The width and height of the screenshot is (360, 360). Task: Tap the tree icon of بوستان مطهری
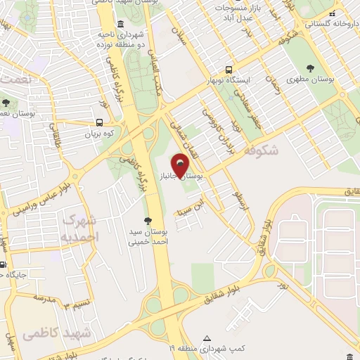[310, 68]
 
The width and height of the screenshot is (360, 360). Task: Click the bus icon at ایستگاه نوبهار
[229, 70]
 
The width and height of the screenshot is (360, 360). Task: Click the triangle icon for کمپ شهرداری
[206, 337]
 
